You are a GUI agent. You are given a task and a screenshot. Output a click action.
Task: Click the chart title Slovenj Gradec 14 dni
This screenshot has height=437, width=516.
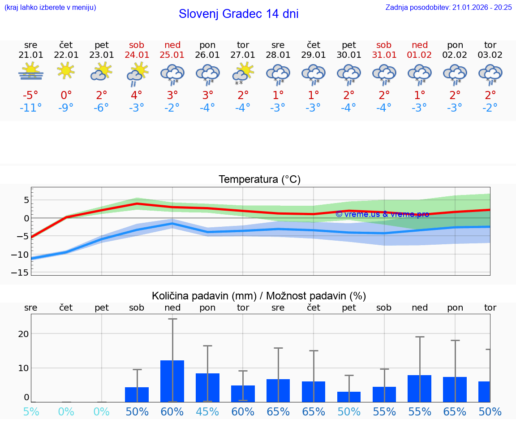[238, 14]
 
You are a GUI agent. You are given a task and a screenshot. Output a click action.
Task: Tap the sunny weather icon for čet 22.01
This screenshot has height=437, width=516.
[66, 71]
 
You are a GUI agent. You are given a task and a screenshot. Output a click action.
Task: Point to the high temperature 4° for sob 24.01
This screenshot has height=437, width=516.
[137, 95]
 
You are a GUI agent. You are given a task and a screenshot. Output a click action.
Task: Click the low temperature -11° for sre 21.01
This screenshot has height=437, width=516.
[31, 108]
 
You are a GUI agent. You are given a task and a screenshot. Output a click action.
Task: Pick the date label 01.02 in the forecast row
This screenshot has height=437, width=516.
[420, 55]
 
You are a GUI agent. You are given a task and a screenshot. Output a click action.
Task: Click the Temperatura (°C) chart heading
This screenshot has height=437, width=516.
[259, 180]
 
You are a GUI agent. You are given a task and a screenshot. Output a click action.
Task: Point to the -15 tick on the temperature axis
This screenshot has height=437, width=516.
[23, 273]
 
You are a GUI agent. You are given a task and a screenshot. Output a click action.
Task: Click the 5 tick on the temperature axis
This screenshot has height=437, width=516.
[26, 200]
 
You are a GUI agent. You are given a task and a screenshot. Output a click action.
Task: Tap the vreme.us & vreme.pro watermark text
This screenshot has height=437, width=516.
[382, 214]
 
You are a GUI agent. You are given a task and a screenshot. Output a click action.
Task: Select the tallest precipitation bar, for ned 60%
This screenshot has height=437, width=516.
[172, 381]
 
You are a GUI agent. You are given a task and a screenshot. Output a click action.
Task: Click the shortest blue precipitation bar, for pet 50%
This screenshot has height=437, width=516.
[349, 397]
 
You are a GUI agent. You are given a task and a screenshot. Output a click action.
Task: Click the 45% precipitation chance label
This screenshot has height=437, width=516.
[207, 411]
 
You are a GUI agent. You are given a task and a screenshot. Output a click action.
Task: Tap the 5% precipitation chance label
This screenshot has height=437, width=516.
[31, 411]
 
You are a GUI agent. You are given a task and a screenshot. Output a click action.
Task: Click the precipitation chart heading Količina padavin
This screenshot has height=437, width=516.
[259, 296]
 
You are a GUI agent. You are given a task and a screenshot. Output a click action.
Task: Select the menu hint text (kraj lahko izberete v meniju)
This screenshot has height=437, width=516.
[50, 7]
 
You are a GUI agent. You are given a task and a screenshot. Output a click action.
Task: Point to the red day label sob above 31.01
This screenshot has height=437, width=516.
[384, 45]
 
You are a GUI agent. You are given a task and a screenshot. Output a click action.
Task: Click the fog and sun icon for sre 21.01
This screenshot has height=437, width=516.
[31, 72]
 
